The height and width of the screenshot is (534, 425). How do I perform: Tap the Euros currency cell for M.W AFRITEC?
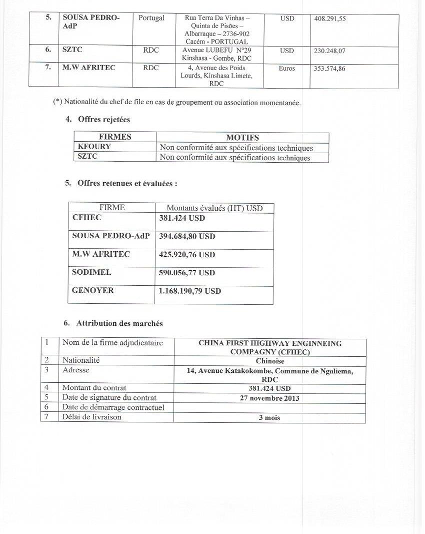287,69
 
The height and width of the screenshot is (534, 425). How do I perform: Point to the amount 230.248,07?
329,51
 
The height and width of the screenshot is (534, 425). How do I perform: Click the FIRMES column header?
115,137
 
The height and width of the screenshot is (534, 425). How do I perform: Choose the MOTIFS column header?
242,137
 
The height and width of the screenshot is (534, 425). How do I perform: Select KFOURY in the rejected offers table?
94,147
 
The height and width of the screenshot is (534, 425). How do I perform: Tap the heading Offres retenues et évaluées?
127,183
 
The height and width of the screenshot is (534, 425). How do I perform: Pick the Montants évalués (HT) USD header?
214,208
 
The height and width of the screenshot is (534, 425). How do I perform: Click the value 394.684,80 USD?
187,236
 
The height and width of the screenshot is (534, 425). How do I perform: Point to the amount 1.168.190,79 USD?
190,291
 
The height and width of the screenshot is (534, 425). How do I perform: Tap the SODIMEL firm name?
91,273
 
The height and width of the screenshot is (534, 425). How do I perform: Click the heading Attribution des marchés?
119,323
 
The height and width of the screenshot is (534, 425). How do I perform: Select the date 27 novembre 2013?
269,398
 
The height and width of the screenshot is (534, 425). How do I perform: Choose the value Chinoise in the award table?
269,361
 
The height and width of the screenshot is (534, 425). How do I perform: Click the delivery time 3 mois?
269,417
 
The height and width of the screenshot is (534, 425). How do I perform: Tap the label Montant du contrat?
94,388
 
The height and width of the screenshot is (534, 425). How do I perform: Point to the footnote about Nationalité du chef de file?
177,103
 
